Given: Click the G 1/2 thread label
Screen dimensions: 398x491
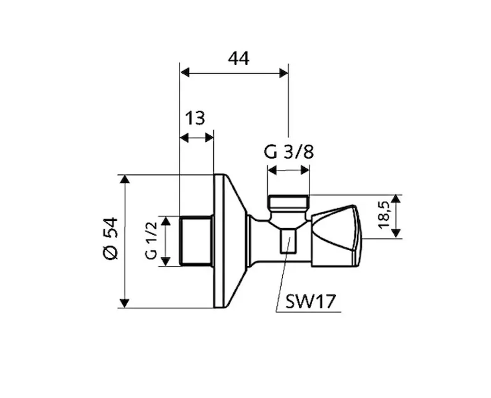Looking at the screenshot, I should click(x=151, y=241).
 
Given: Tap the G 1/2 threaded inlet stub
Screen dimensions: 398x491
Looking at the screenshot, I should click(x=196, y=241).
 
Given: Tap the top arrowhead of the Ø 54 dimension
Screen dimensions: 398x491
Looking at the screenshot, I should click(x=124, y=180).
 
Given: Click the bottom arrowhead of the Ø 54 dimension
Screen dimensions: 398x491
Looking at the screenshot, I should click(x=124, y=303).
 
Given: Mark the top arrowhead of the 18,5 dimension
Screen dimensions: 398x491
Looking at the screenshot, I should click(x=396, y=199).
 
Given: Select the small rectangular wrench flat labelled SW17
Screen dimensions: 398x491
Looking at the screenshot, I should click(x=287, y=241).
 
